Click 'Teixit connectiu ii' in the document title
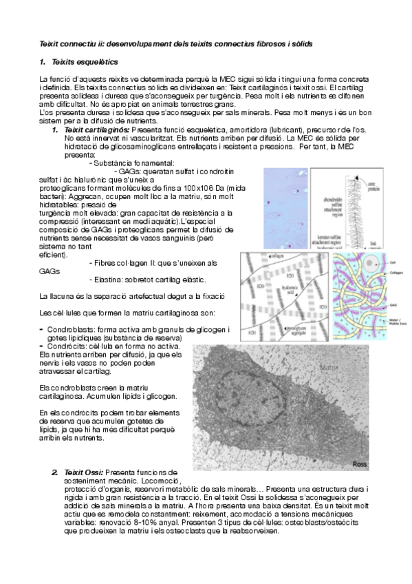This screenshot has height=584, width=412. pyautogui.click(x=68, y=43)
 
